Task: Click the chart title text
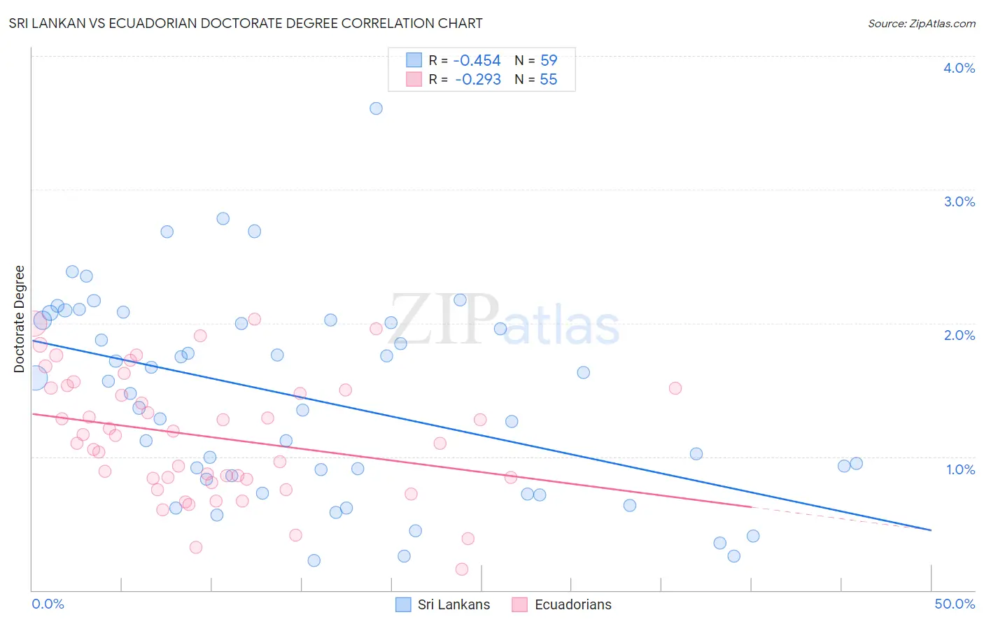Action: [x=245, y=23]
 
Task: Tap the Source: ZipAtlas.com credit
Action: [x=921, y=23]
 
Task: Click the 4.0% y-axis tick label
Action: [x=959, y=68]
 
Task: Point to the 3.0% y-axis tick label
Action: [x=959, y=201]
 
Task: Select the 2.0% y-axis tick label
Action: [x=959, y=335]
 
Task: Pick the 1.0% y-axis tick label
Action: [x=960, y=469]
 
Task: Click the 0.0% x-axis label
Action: [x=48, y=604]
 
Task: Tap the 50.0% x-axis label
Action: [x=955, y=604]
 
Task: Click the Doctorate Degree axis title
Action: [x=19, y=319]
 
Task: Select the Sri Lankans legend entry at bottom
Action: [x=443, y=604]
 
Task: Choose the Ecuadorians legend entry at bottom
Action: [x=562, y=604]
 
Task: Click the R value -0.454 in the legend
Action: [x=477, y=60]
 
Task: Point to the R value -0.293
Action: [x=477, y=80]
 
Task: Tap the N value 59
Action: [x=549, y=60]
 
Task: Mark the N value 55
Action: [x=549, y=80]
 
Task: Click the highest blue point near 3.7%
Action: [x=376, y=108]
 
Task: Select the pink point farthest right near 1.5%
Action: [x=675, y=388]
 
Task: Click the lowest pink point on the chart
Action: [x=462, y=569]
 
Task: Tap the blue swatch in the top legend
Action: [x=414, y=60]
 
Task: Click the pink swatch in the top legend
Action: [x=414, y=80]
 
